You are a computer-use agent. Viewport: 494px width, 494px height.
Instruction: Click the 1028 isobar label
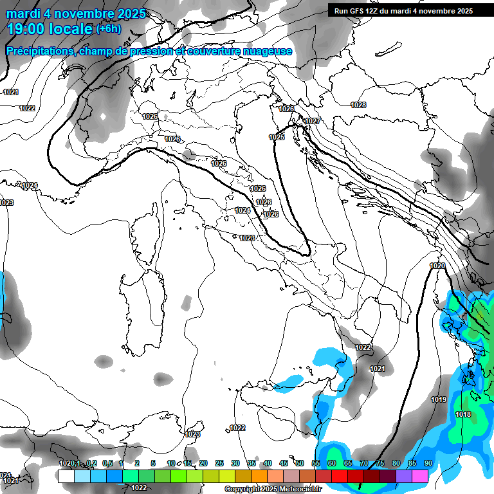tap(358, 105)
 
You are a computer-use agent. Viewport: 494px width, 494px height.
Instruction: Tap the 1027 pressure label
tap(313, 122)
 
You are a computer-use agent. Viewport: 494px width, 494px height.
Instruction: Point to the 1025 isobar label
tap(277, 137)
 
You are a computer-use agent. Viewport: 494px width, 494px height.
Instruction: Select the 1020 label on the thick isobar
tap(437, 266)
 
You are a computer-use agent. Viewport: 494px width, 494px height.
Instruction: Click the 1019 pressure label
tap(439, 399)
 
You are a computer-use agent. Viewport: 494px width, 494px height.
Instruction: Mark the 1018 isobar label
tap(462, 414)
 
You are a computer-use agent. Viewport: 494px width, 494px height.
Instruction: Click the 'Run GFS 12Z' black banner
tap(403, 11)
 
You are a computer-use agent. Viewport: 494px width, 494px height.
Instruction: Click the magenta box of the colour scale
tap(420, 476)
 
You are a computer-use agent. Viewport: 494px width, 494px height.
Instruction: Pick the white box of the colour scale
tap(66, 476)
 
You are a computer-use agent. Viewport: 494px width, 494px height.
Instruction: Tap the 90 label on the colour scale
tap(428, 463)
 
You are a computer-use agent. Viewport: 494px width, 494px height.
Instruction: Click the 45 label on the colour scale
tap(284, 463)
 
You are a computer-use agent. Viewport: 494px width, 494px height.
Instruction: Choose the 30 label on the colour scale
tap(235, 463)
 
